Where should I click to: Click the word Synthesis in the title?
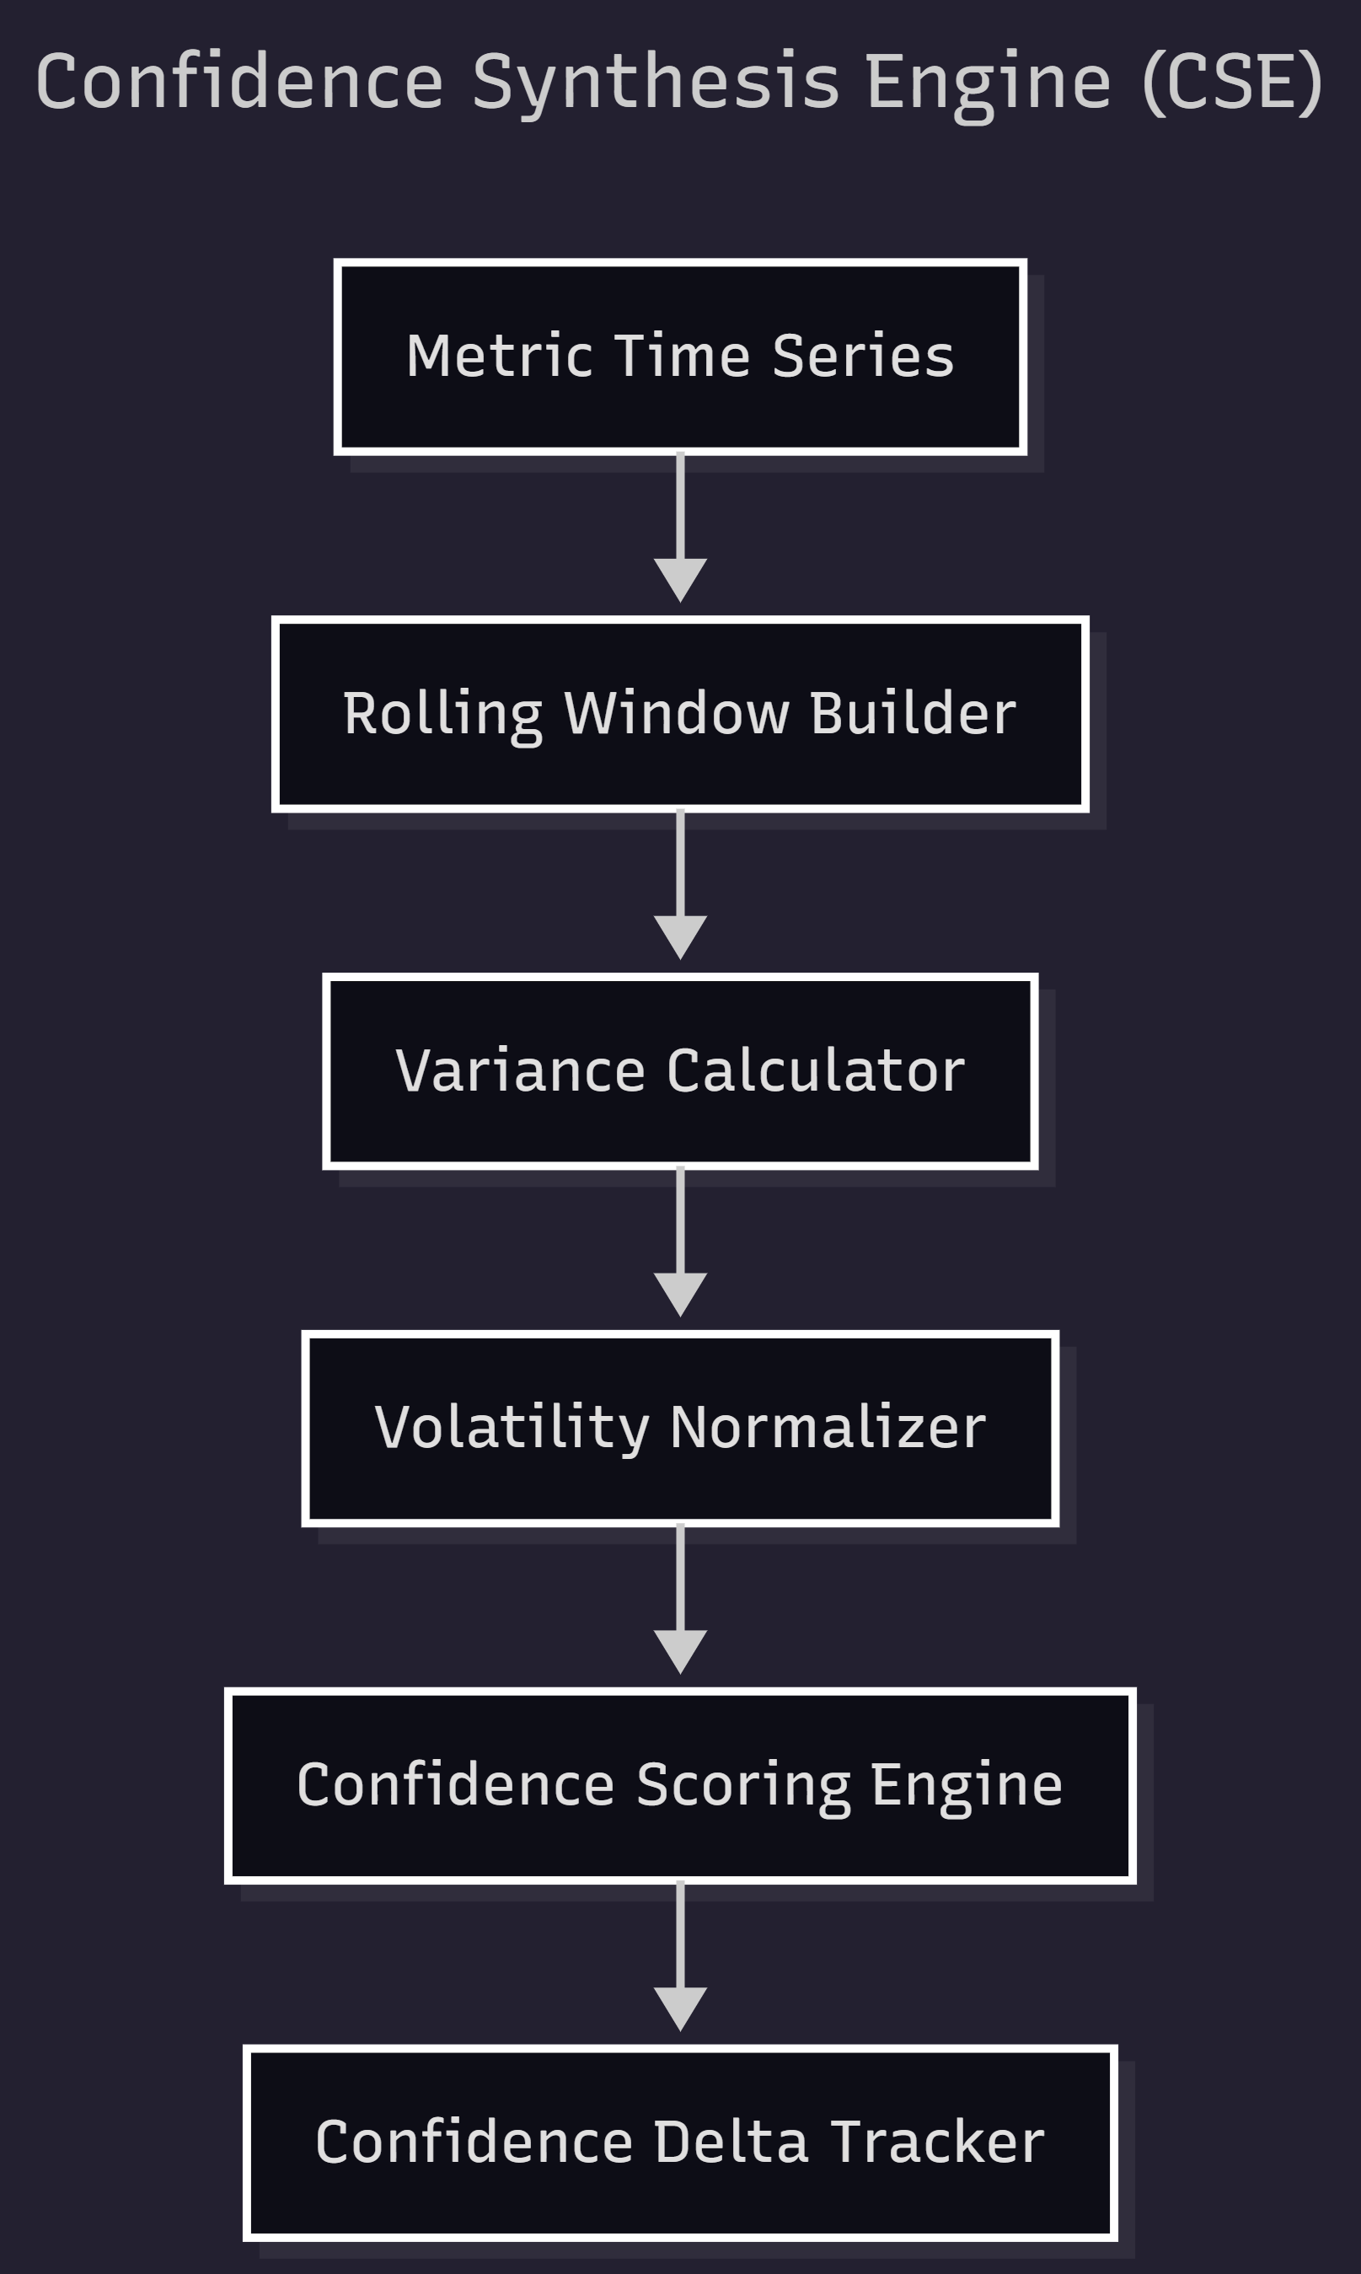[655, 83]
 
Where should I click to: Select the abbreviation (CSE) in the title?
[1232, 83]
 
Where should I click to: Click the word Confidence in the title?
[240, 83]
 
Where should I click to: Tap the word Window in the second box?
[676, 713]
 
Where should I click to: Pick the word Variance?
[520, 1070]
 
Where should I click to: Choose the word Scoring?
[743, 1785]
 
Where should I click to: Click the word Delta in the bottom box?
[731, 2142]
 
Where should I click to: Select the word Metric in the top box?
[499, 356]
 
